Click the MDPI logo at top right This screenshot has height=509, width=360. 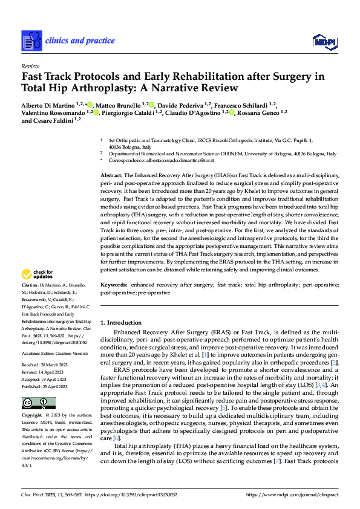coord(324,41)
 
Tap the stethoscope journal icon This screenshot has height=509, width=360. coord(30,41)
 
